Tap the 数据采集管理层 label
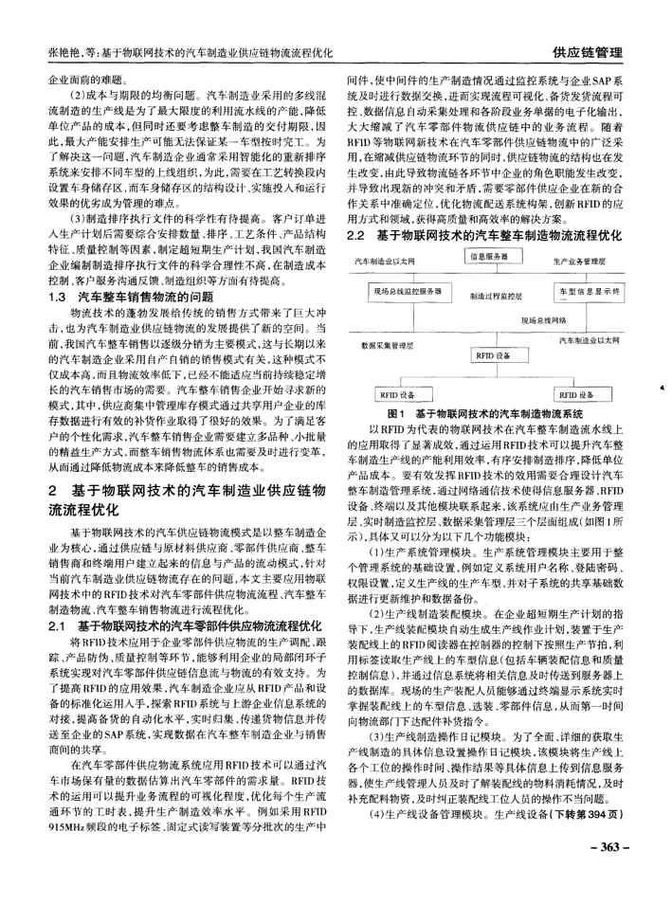click(x=388, y=347)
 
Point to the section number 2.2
click(x=356, y=232)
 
